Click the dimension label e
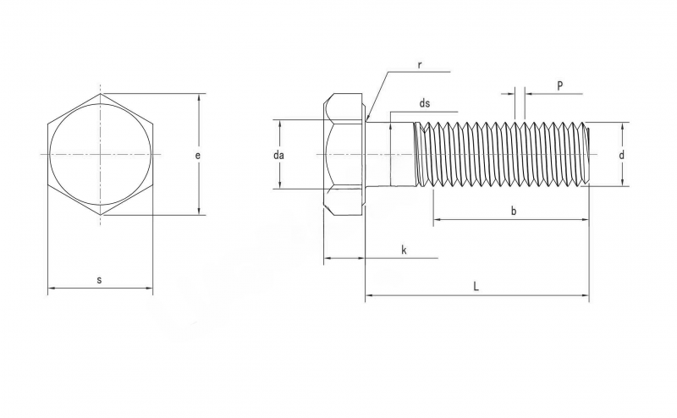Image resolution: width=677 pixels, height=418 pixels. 198,156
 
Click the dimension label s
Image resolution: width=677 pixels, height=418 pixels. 99,280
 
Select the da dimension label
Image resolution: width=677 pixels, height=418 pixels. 278,155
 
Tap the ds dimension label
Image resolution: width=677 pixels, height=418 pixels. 425,103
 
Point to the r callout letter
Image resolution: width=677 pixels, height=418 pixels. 420,66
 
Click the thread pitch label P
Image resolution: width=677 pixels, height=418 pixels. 560,85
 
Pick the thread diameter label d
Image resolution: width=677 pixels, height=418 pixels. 622,155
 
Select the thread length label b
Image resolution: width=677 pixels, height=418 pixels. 514,211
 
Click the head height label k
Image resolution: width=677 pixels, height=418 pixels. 405,250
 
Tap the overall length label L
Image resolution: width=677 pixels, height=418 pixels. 476,286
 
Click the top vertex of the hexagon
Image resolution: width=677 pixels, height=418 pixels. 101,94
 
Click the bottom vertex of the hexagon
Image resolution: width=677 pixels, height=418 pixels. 101,215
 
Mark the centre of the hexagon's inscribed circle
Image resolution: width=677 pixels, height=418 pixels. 101,154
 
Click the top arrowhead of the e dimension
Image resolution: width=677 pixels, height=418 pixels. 199,95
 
